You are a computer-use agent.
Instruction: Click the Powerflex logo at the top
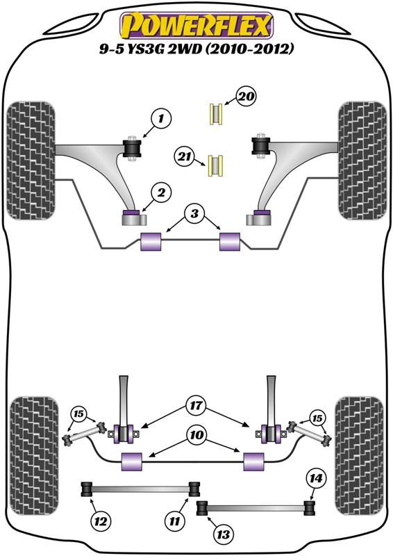pyautogui.click(x=196, y=25)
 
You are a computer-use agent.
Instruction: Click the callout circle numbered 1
pyautogui.click(x=161, y=118)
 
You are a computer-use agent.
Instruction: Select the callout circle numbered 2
pyautogui.click(x=161, y=193)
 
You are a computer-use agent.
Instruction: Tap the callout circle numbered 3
pyautogui.click(x=194, y=214)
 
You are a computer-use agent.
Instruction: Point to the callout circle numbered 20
pyautogui.click(x=246, y=96)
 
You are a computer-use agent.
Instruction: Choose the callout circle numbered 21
pyautogui.click(x=184, y=156)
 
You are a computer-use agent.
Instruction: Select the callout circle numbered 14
pyautogui.click(x=316, y=478)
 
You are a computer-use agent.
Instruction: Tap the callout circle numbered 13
pyautogui.click(x=224, y=534)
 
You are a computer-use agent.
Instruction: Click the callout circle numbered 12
pyautogui.click(x=101, y=522)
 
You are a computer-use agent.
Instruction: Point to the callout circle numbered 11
pyautogui.click(x=175, y=522)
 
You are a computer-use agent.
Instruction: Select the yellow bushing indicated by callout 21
pyautogui.click(x=215, y=165)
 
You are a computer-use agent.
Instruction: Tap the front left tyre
pyautogui.click(x=31, y=161)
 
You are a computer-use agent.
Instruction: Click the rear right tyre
pyautogui.click(x=360, y=456)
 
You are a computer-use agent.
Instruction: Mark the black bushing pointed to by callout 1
pyautogui.click(x=132, y=149)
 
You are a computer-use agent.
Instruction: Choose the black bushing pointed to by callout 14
pyautogui.click(x=310, y=507)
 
